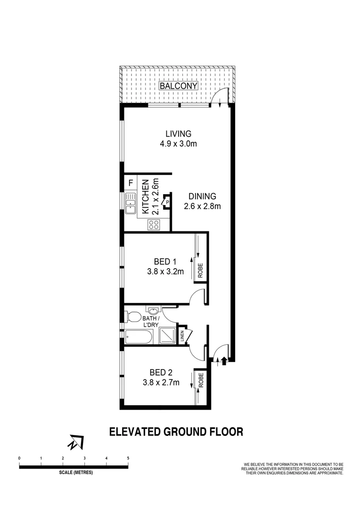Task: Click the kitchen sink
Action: (131, 203)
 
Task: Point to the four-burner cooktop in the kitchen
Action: (154, 224)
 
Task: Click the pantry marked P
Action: (166, 203)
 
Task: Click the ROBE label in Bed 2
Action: (200, 380)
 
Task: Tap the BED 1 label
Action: (164, 261)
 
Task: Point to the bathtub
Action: (139, 337)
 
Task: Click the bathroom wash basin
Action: (154, 311)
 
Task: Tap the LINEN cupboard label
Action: (182, 337)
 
